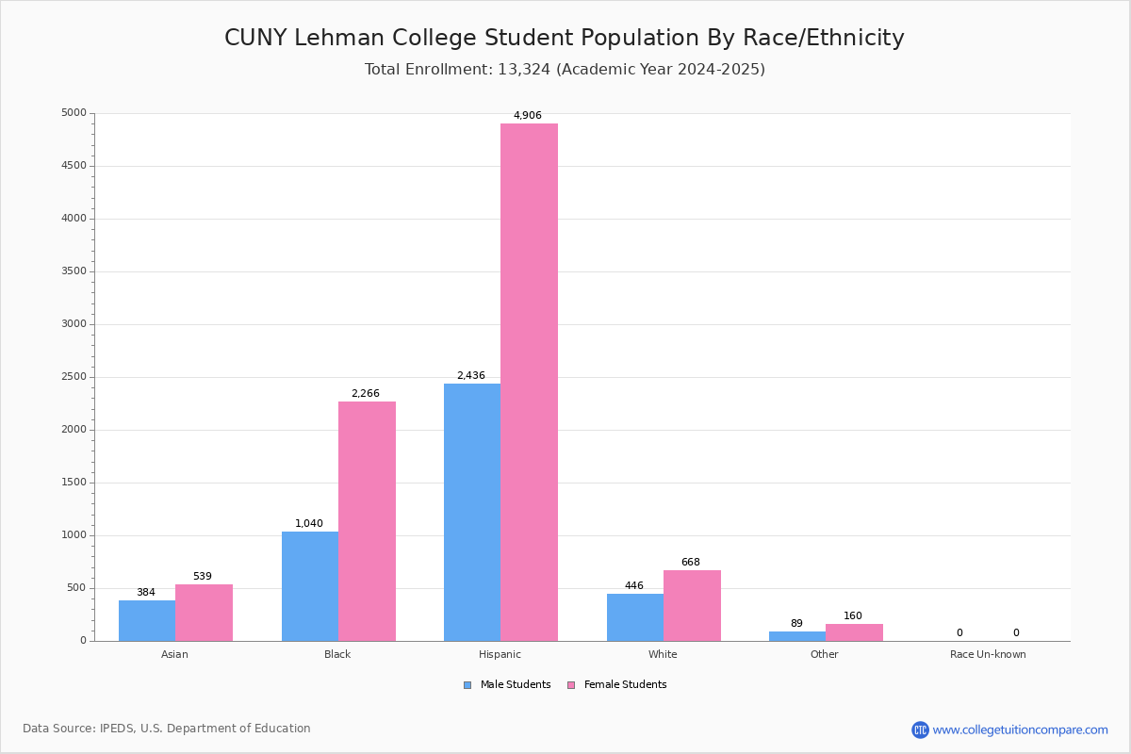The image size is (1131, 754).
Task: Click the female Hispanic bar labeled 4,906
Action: [529, 383]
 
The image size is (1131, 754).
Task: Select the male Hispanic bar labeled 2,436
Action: [472, 513]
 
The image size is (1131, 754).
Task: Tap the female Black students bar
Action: [367, 521]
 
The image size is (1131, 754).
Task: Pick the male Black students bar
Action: [310, 586]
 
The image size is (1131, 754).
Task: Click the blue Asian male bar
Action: [147, 621]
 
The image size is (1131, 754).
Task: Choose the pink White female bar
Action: [692, 606]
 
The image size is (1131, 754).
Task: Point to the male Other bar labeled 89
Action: [797, 636]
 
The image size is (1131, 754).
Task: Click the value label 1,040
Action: [309, 523]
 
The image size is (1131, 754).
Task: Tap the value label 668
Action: [691, 562]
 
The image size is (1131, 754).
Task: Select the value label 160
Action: [853, 615]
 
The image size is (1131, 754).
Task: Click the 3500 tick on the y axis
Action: [74, 271]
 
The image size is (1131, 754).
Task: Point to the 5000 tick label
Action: [74, 112]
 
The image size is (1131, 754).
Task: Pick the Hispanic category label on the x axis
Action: [500, 654]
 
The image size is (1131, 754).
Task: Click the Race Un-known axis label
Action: [988, 654]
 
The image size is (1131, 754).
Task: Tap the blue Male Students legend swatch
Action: [467, 685]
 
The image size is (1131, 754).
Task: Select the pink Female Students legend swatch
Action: [571, 685]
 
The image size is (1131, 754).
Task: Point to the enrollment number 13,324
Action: [524, 69]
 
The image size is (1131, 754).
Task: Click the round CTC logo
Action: [920, 729]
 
